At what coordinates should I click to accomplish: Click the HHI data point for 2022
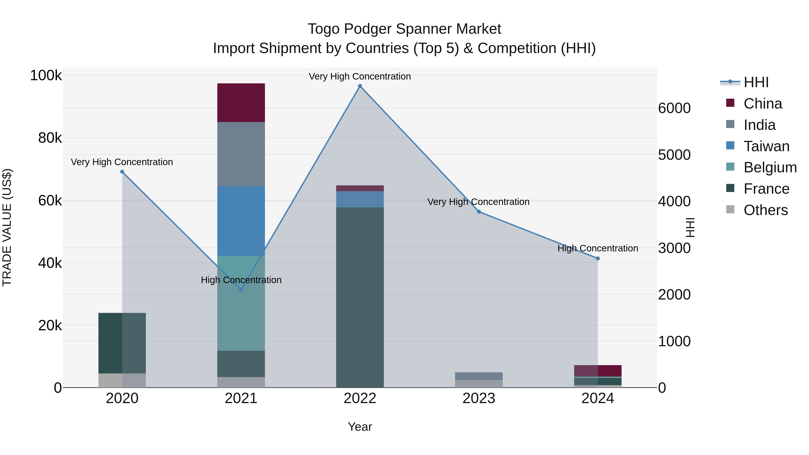point(360,86)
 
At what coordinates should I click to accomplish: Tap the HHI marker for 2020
point(122,172)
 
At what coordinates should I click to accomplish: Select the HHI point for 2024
point(598,258)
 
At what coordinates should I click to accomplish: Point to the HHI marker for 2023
point(479,212)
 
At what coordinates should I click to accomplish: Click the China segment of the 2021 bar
point(241,103)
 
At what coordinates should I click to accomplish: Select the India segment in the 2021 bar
point(241,154)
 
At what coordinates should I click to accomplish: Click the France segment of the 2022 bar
point(360,297)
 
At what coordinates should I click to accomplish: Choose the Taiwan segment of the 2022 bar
point(360,199)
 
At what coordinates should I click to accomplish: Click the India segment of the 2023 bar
point(479,376)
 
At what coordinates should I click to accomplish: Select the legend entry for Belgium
point(770,167)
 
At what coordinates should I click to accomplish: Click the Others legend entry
point(765,210)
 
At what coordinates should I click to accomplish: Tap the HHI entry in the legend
point(756,82)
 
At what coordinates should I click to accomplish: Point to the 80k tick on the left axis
point(50,138)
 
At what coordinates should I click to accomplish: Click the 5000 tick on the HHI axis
point(674,155)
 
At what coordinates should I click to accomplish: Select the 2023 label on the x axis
point(479,398)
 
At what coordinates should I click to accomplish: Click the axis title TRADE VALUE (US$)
point(7,227)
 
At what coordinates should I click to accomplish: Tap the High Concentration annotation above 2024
point(598,248)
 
